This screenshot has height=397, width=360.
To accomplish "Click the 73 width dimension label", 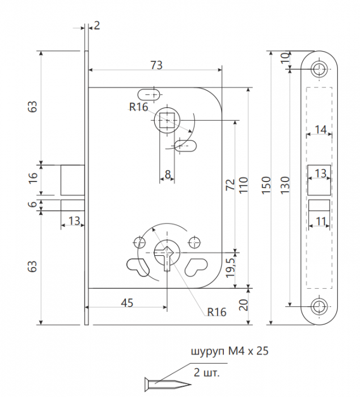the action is [x=156, y=65].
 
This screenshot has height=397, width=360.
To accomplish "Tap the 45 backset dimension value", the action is [x=127, y=302].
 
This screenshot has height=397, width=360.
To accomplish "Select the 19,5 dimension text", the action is [x=231, y=268].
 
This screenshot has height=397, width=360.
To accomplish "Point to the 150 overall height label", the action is [x=266, y=185].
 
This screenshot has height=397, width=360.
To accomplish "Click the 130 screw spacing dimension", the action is [x=285, y=185].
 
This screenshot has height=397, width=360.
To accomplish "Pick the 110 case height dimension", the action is [x=244, y=185].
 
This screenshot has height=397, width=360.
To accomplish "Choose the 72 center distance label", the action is [x=230, y=184].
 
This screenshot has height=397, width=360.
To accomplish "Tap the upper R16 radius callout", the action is [x=138, y=107].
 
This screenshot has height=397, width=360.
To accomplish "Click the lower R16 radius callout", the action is [x=217, y=312].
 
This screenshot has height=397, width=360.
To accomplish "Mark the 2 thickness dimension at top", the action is [x=97, y=26].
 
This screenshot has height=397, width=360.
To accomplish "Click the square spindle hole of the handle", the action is [x=167, y=120].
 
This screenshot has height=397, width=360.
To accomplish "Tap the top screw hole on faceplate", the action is [x=319, y=69].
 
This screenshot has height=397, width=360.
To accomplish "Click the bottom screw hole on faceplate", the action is [x=319, y=307].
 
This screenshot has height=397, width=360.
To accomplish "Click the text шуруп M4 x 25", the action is [x=230, y=351].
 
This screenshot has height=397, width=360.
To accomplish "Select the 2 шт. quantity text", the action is [x=206, y=373].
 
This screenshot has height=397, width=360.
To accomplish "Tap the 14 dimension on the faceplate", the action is [x=320, y=130].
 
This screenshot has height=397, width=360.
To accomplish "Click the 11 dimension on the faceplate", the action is [x=320, y=221].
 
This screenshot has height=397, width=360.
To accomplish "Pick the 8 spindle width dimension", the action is [x=168, y=174].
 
